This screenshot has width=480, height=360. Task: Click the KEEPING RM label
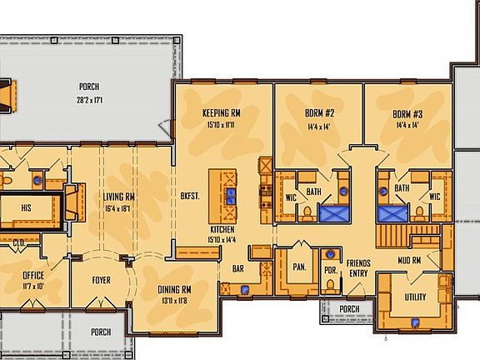click(x=222, y=112)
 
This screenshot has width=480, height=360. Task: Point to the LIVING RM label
click(x=119, y=197)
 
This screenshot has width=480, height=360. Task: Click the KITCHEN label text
click(x=222, y=229)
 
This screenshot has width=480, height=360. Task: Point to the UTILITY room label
click(x=415, y=297)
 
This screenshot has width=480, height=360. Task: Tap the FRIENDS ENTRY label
click(x=358, y=268)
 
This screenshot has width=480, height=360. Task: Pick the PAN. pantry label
click(x=298, y=267)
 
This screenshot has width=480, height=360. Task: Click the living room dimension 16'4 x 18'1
click(x=119, y=208)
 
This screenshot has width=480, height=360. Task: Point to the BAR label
click(x=238, y=269)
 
